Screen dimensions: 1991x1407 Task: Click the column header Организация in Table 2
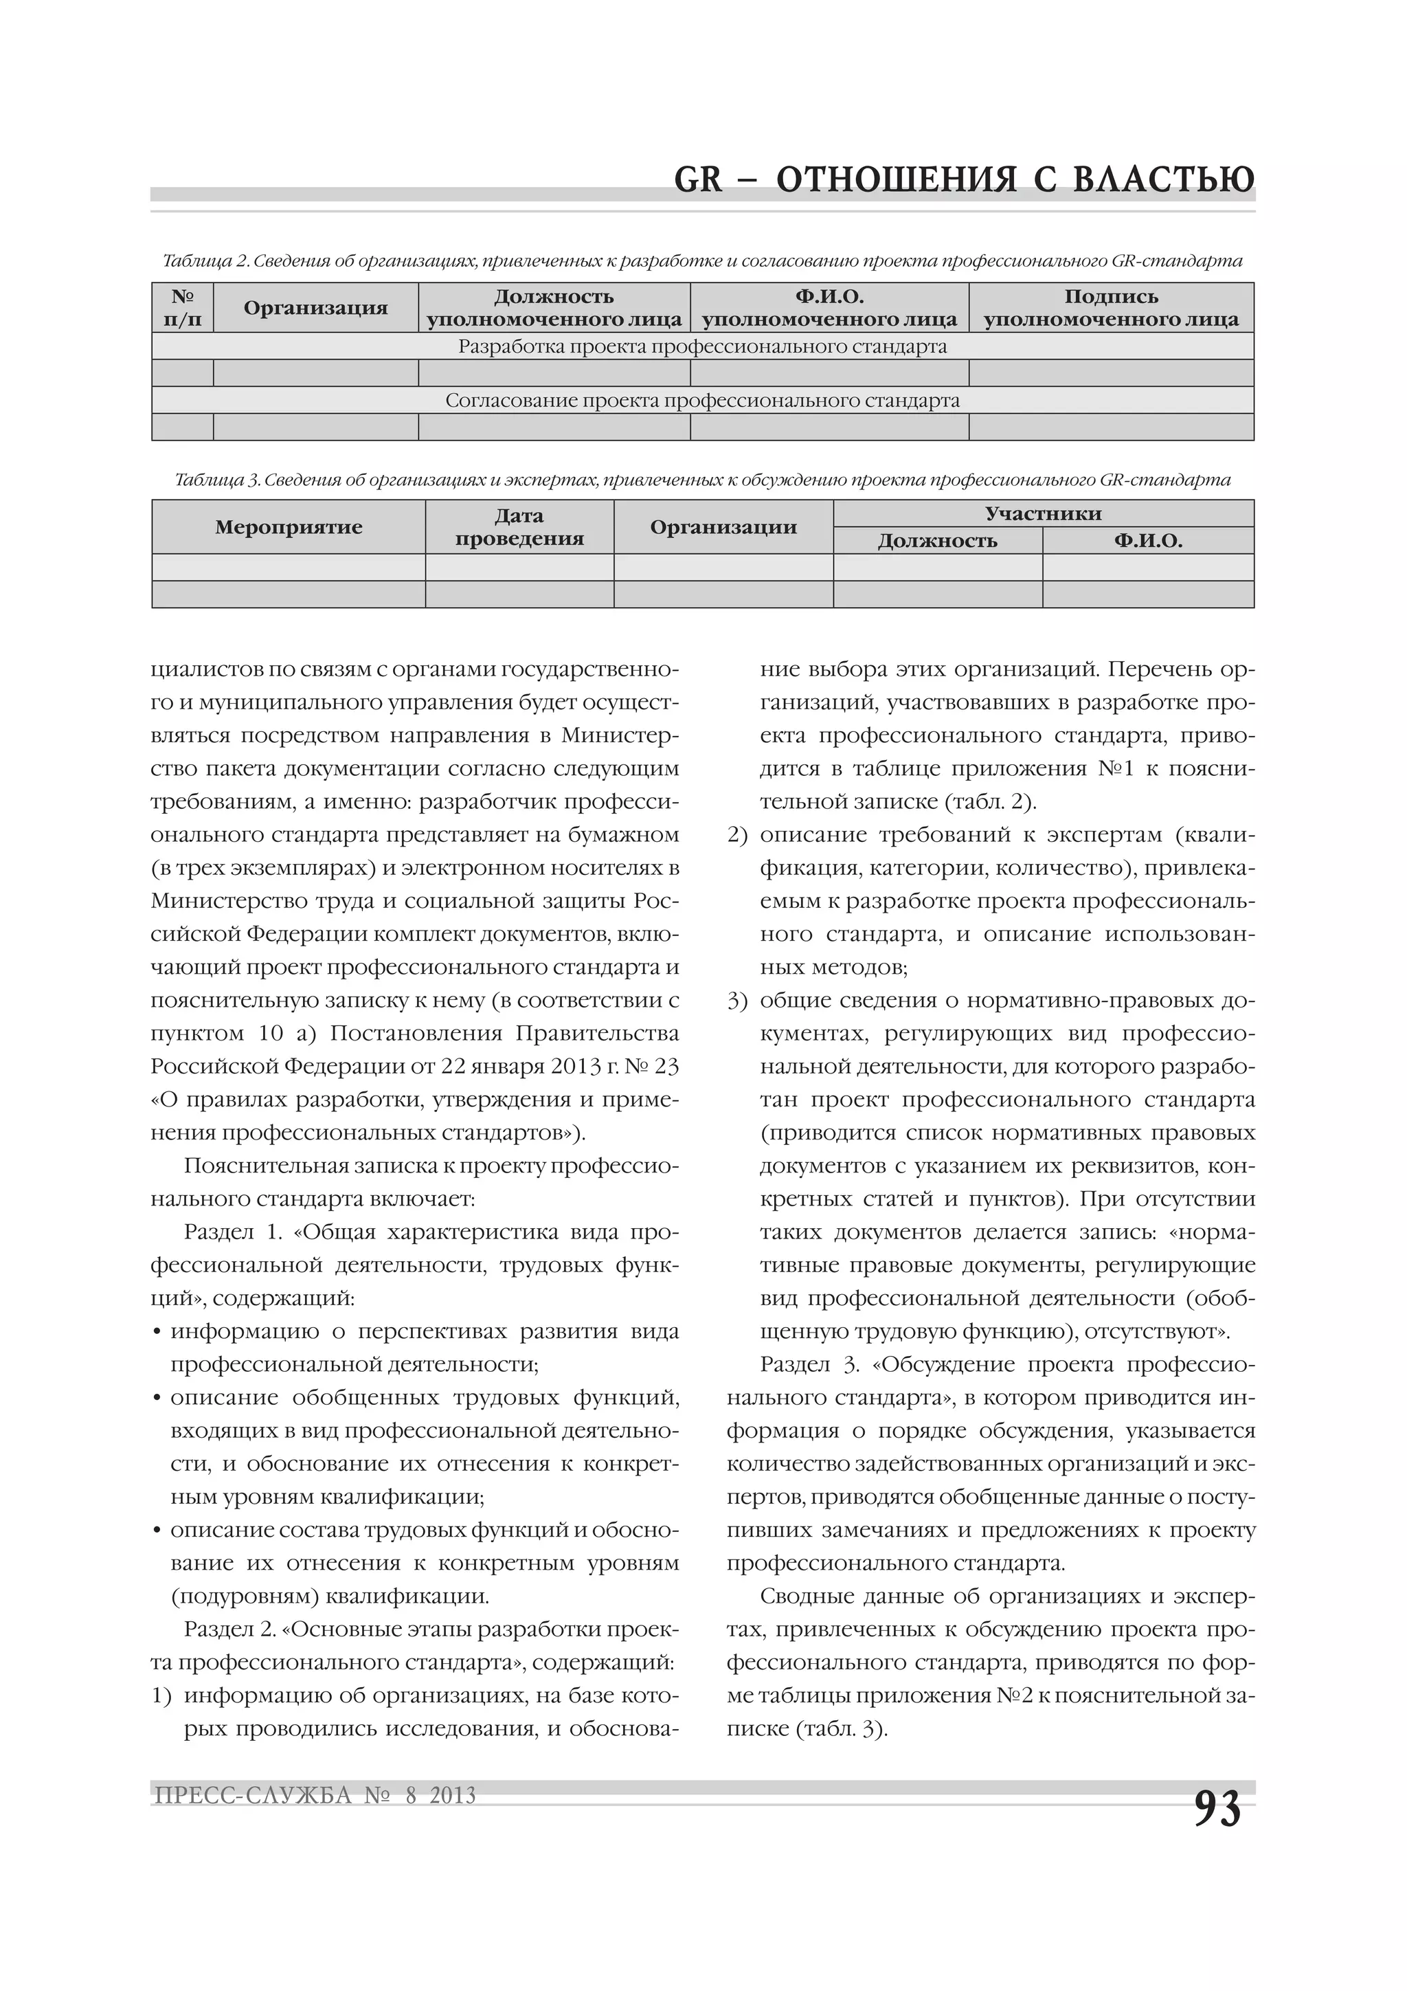(315, 308)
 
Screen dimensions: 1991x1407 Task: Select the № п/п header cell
(182, 308)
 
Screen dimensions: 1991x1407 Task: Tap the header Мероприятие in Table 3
(289, 527)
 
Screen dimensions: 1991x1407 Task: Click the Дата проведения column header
(519, 527)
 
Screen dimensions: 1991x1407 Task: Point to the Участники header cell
(1043, 513)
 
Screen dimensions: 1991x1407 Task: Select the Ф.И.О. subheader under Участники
(1148, 541)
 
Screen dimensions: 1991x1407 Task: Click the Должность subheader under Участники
(937, 541)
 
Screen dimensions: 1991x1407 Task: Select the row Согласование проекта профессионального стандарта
(702, 401)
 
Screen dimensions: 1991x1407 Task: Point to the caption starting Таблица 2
(702, 260)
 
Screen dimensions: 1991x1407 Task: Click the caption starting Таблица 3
(702, 480)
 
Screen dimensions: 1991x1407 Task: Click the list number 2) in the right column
(737, 835)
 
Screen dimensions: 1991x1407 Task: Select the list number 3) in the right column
(737, 1001)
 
